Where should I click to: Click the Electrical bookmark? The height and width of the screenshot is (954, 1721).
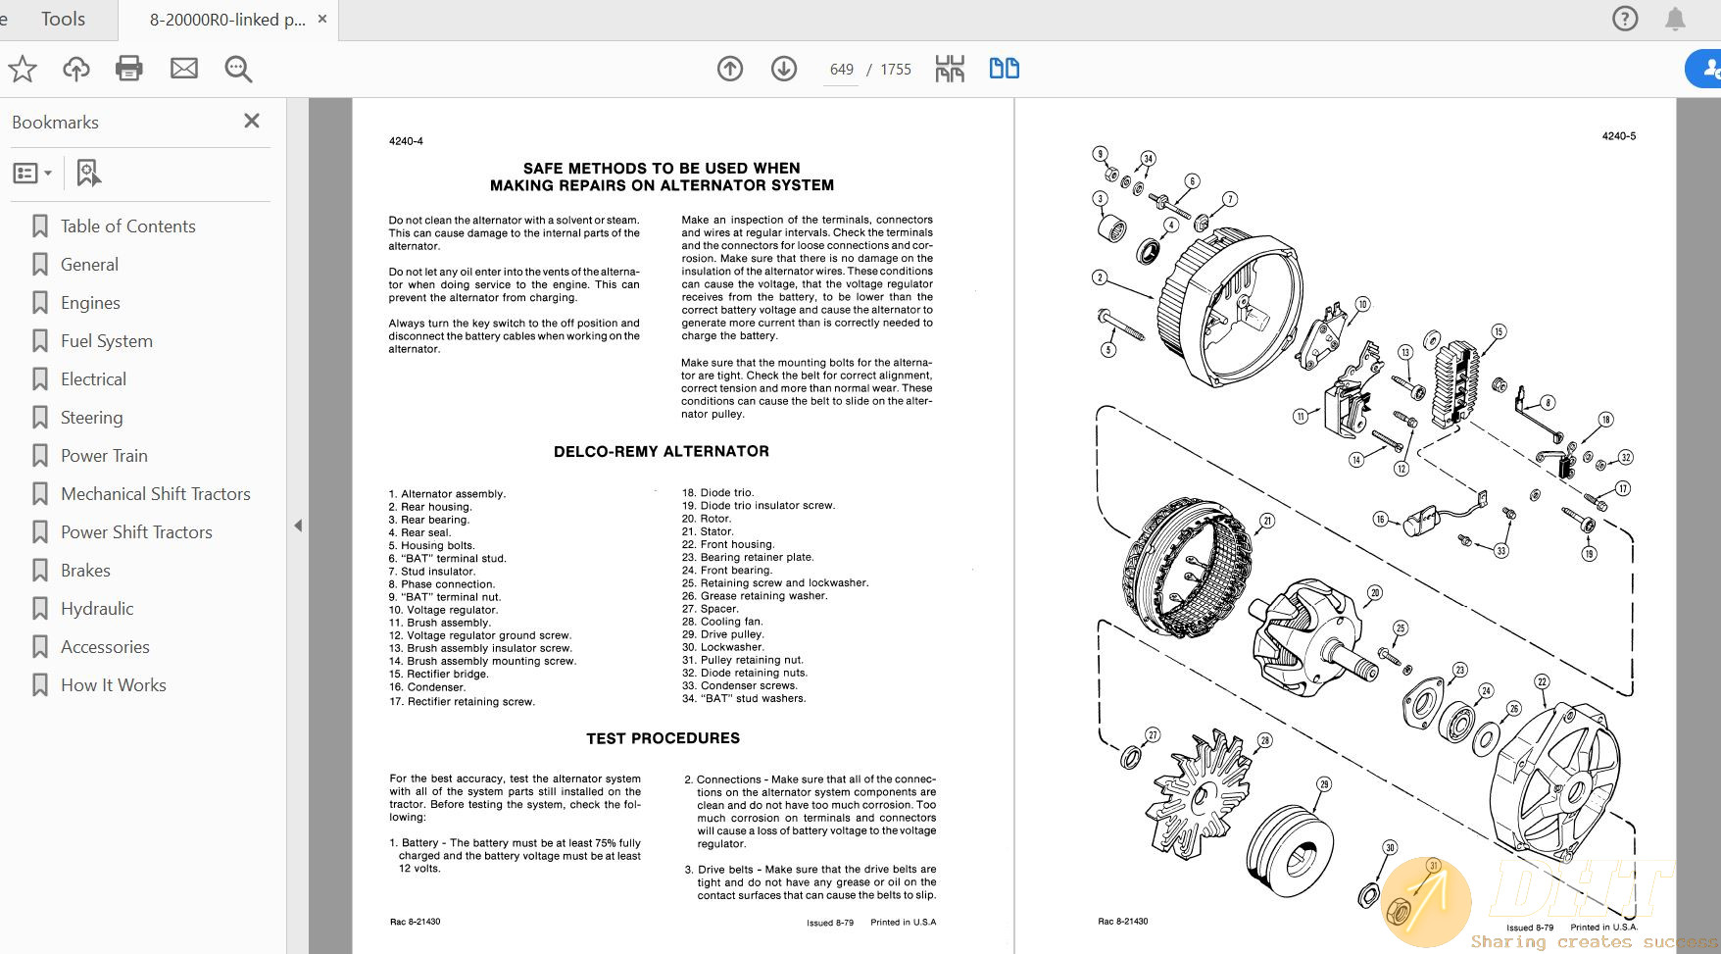click(93, 379)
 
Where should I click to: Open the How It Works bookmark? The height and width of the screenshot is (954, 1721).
click(113, 685)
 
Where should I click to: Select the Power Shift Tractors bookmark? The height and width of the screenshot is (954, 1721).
click(136, 532)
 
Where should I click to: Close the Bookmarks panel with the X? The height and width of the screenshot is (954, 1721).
click(252, 121)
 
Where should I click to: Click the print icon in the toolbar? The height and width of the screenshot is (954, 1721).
click(129, 69)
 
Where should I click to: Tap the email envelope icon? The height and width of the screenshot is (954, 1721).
click(184, 69)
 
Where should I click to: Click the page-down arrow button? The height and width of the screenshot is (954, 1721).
click(784, 69)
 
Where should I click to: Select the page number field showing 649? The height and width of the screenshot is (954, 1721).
click(841, 70)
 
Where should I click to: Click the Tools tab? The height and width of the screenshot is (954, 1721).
click(63, 19)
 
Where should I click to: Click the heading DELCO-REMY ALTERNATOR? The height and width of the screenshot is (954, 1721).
click(662, 451)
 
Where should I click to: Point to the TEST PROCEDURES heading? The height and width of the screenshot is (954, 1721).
click(663, 738)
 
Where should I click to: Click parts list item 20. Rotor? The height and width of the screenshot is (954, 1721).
click(715, 519)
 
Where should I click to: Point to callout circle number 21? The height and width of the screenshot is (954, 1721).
click(1267, 521)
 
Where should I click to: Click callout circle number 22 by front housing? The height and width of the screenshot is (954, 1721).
click(1542, 681)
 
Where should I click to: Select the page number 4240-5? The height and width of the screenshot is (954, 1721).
click(1618, 136)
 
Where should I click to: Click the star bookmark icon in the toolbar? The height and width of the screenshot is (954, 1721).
click(23, 69)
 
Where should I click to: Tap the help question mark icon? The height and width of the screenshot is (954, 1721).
click(1624, 19)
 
